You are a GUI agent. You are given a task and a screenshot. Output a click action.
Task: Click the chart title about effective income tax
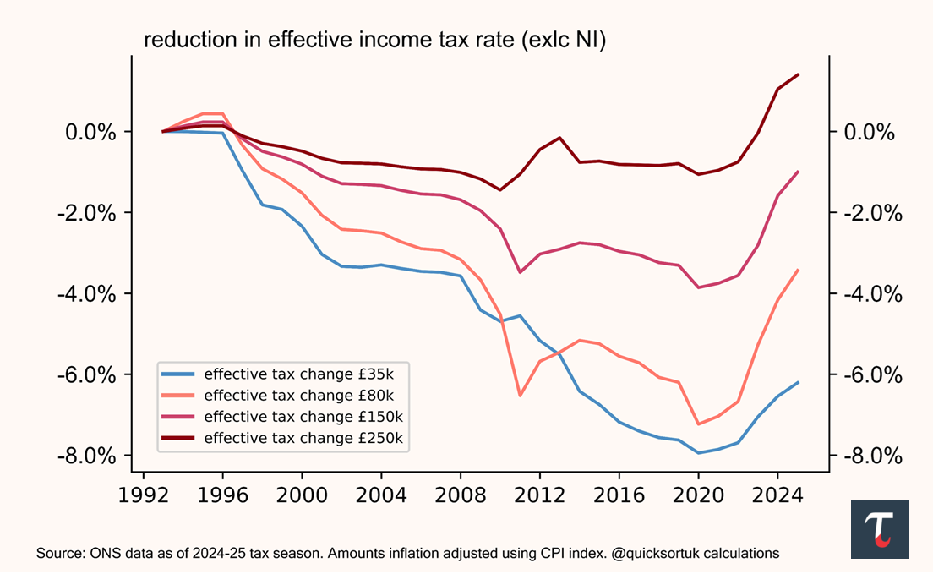pyautogui.click(x=374, y=41)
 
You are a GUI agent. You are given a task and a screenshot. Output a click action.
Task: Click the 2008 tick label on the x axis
pyautogui.click(x=461, y=494)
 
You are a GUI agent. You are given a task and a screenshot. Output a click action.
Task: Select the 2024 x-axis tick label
pyautogui.click(x=778, y=494)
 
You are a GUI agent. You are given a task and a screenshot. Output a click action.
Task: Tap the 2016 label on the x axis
pyautogui.click(x=619, y=494)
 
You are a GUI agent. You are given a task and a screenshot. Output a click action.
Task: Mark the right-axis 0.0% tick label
pyautogui.click(x=870, y=132)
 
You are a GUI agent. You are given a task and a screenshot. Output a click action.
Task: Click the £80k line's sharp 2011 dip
pyautogui.click(x=520, y=396)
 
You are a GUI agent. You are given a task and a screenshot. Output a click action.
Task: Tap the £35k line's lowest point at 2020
pyautogui.click(x=699, y=453)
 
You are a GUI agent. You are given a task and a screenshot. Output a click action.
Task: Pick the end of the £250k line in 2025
pyautogui.click(x=798, y=74)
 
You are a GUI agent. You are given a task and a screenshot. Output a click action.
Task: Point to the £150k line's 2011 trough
pyautogui.click(x=520, y=272)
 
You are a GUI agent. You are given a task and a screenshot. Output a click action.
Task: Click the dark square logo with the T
pyautogui.click(x=880, y=529)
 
